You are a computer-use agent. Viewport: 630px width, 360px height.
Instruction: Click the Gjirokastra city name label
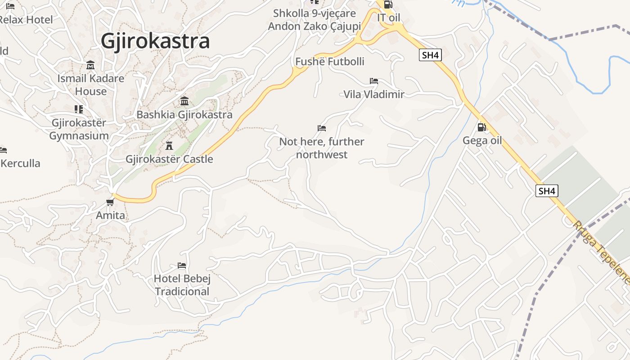tap(155, 41)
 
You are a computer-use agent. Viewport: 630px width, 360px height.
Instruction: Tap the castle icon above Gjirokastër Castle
tap(169, 146)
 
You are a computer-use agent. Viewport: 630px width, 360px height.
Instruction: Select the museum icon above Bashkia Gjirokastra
tap(184, 101)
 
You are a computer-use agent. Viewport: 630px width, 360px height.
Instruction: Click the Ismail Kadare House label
tap(91, 85)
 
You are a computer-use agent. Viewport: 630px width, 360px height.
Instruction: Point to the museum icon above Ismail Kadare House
tap(90, 65)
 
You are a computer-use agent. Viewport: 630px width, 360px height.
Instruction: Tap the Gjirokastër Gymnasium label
tap(79, 129)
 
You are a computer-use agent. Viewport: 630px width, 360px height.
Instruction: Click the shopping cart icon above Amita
tap(110, 202)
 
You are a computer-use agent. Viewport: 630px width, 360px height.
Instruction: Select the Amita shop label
tap(110, 216)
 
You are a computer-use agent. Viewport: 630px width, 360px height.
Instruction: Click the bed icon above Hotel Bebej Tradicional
tap(182, 265)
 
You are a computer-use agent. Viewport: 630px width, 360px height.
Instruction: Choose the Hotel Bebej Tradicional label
tap(182, 285)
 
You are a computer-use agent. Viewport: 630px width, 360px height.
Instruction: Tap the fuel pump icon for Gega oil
tap(481, 127)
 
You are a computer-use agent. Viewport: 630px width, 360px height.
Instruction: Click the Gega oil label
tap(482, 141)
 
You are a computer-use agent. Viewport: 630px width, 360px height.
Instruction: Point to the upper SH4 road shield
tap(430, 55)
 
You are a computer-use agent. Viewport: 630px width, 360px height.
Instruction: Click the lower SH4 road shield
tap(547, 191)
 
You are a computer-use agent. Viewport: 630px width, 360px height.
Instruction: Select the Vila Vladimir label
tap(373, 94)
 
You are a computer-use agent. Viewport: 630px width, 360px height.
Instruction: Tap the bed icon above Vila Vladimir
tap(373, 81)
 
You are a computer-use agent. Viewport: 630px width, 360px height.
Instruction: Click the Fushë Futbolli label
tap(330, 61)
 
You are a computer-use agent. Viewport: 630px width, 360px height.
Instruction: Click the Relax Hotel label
tap(26, 20)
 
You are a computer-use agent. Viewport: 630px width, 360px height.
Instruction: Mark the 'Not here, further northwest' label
tap(322, 148)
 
